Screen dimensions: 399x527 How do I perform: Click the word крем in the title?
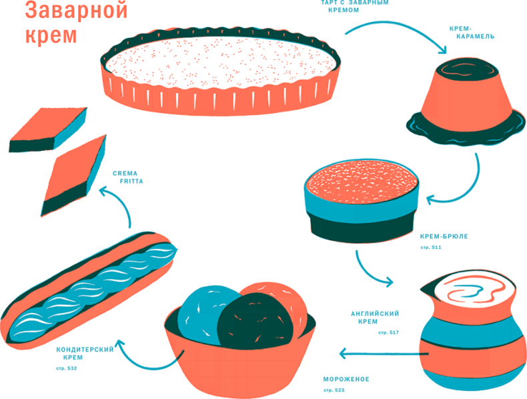pos(51,35)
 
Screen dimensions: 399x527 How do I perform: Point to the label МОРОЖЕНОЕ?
pos(346,379)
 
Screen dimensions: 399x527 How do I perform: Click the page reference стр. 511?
pos(431,248)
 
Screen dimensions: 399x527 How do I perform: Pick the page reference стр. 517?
pos(388,332)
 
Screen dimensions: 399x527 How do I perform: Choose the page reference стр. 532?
pos(67,368)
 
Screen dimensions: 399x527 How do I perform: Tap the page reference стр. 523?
pos(334,390)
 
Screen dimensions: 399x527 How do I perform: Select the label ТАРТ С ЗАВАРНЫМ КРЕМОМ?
pos(354,6)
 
